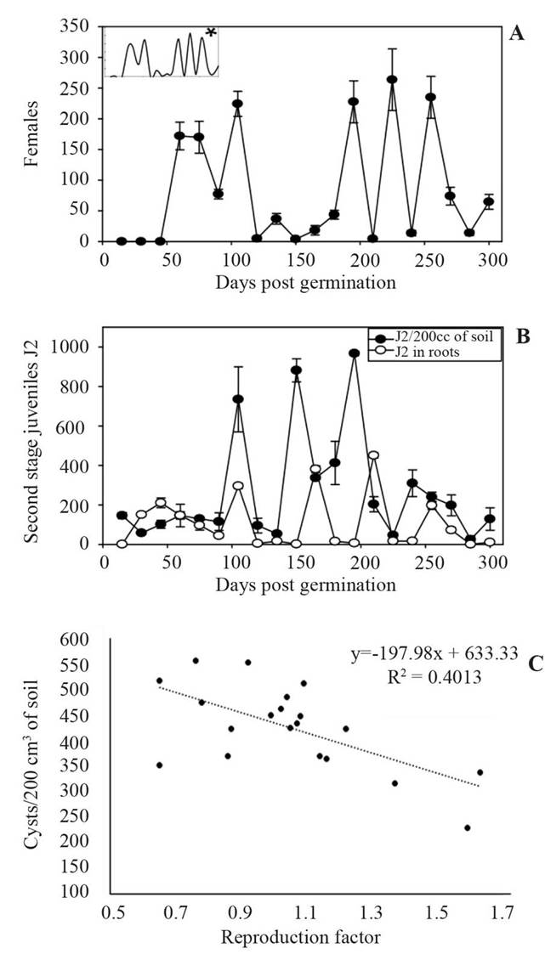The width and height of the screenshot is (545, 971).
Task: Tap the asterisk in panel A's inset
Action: pyautogui.click(x=210, y=33)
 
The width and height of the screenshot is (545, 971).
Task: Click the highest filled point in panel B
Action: pyautogui.click(x=354, y=353)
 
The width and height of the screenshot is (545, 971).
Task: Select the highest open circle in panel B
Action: pyautogui.click(x=372, y=455)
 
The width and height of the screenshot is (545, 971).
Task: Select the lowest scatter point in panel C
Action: pyautogui.click(x=468, y=827)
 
